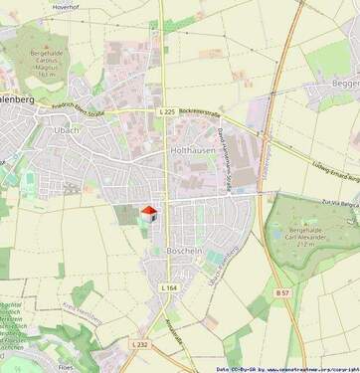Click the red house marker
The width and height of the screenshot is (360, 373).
tap(150, 212)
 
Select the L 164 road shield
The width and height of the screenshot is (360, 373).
tap(168, 287)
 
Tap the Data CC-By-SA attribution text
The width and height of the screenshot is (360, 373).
tap(287, 368)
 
